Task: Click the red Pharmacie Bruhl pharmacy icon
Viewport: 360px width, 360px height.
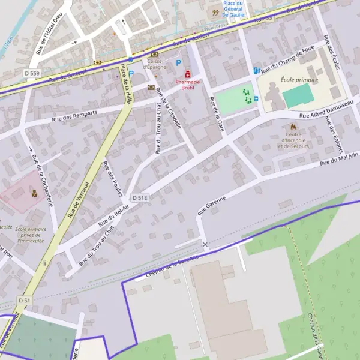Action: tap(188, 74)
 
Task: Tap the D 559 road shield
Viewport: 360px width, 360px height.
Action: tap(32, 73)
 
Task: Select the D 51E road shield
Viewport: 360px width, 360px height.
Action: tap(140, 197)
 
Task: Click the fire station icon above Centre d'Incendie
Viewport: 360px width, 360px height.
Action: tap(293, 127)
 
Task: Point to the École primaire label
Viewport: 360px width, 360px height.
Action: tap(299, 79)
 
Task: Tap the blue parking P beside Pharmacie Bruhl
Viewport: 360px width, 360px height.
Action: tap(178, 62)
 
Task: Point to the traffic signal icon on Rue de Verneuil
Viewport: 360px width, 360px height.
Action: tap(44, 263)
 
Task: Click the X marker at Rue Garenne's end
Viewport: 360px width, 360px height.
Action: tap(205, 245)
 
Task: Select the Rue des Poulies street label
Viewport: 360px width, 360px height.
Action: tap(113, 178)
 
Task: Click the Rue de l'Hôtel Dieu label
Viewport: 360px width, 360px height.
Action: tap(49, 34)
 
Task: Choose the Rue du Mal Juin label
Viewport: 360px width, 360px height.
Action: tap(339, 158)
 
